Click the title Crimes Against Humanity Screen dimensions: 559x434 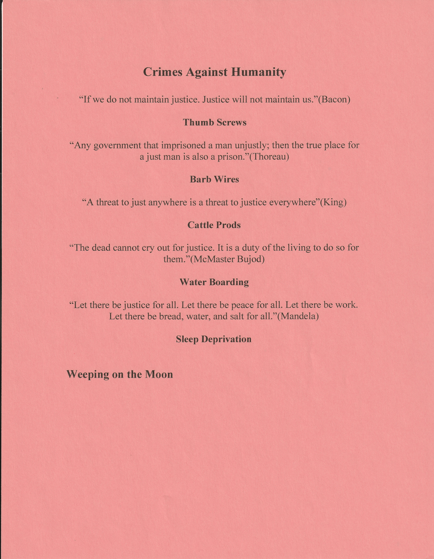(x=214, y=72)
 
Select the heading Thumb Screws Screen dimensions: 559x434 (x=214, y=122)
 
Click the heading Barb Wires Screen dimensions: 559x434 (x=214, y=179)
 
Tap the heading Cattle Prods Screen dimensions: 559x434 (x=214, y=225)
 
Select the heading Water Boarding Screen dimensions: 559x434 (x=214, y=282)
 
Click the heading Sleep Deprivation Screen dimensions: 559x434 (x=214, y=339)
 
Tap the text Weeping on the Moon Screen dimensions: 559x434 (x=120, y=374)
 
